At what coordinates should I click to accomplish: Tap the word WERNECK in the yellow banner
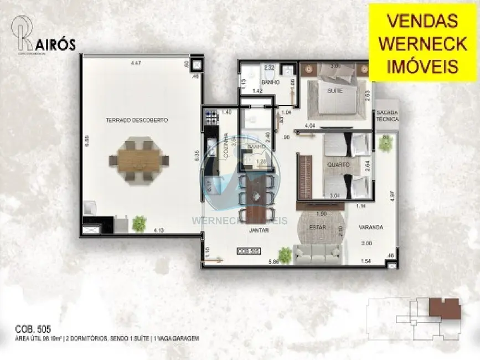(422, 44)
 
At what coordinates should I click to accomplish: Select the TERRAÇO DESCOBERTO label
(137, 120)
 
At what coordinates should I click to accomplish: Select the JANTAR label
(259, 230)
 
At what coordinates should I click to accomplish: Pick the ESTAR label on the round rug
(317, 227)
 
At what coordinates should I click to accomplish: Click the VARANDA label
(370, 227)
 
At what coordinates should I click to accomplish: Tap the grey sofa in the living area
(317, 254)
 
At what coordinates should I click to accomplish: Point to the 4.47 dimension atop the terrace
(135, 63)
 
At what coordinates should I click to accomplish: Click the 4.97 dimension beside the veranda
(393, 196)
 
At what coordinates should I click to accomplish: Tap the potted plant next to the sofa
(285, 255)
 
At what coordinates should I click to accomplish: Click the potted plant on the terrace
(139, 223)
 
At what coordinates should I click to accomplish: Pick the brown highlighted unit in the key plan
(444, 308)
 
